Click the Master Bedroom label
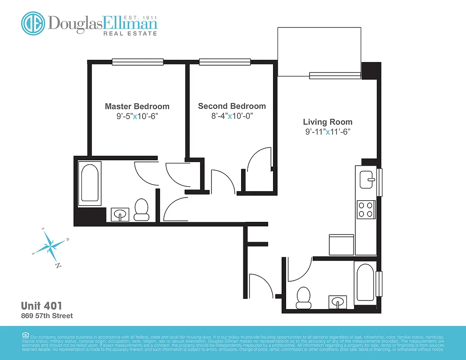[137, 107]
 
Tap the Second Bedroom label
[232, 106]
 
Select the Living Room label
[327, 122]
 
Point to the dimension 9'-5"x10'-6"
[137, 117]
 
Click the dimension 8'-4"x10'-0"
[232, 116]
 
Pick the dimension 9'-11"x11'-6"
[327, 132]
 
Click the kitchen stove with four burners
[366, 209]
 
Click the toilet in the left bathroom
[142, 210]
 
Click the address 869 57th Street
[47, 316]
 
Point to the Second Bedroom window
[225, 62]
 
